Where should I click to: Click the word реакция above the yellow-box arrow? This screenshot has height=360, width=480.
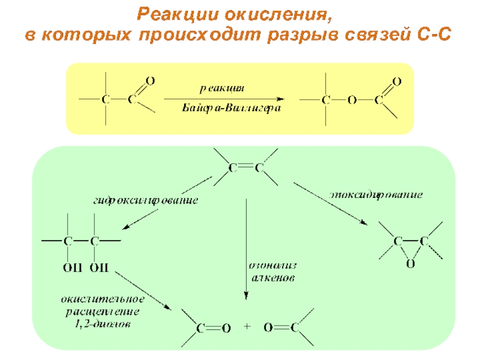(222, 88)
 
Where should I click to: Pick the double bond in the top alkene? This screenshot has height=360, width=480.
(245, 169)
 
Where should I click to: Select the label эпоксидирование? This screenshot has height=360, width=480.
(376, 195)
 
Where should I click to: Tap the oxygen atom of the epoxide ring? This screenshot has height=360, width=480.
(410, 263)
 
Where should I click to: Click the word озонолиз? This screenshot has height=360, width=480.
(272, 265)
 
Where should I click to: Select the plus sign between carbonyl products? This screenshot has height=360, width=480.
(247, 328)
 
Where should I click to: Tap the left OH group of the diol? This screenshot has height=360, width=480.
(71, 266)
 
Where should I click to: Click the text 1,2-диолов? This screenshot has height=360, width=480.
(106, 324)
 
